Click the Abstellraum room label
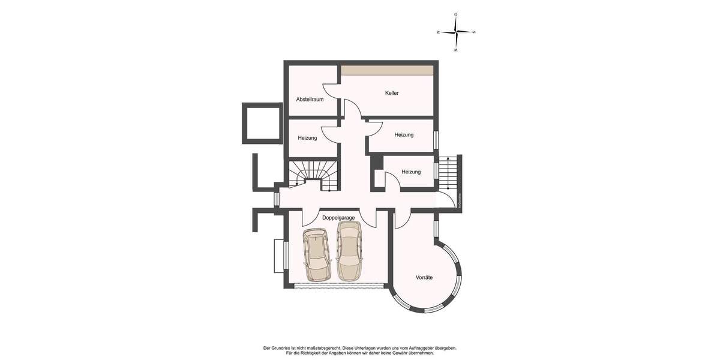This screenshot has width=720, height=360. coord(310,100)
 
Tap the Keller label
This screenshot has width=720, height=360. coord(392,93)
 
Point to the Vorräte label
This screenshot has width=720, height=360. coord(424,278)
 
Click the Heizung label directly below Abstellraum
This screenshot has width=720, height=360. coord(307,138)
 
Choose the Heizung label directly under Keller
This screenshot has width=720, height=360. coord(404,135)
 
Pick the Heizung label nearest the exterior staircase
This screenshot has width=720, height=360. coord(411,172)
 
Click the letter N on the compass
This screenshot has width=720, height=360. coord(439,32)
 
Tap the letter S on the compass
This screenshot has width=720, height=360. coord(474,32)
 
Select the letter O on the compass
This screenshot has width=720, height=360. coord(456,14)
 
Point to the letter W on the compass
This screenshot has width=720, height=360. coord(456,50)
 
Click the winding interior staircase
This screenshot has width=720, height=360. coord(313,175)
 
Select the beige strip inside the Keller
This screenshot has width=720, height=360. coord(387,71)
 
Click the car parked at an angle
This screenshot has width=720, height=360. coord(316,255)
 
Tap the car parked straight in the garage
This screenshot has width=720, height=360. coord(349,251)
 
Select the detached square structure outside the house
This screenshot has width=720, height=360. coord(262,123)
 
